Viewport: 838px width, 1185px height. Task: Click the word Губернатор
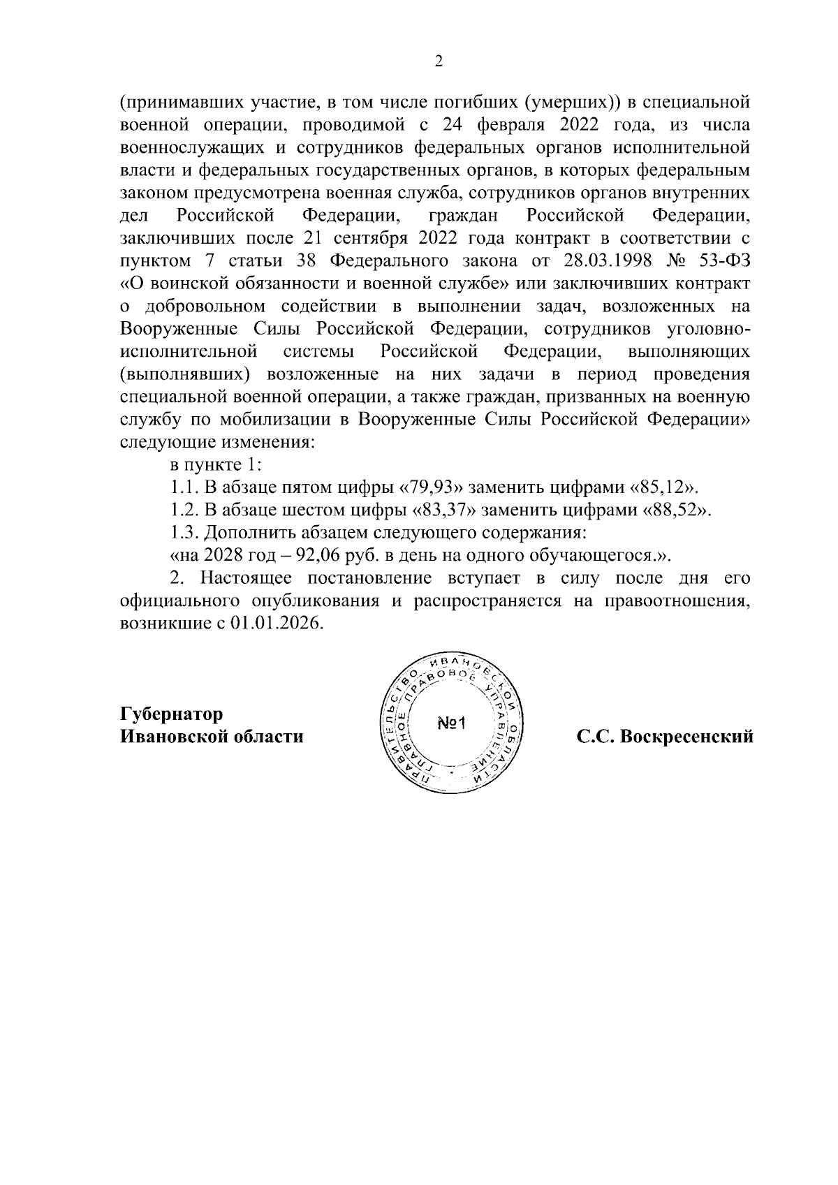172,714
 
